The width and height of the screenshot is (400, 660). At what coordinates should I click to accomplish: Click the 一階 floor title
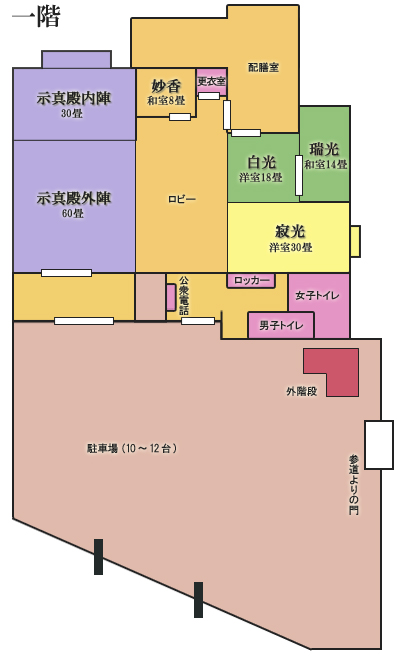coord(37,17)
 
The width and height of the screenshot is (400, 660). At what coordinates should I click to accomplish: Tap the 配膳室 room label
coord(264,67)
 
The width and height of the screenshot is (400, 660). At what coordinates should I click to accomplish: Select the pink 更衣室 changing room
coord(212,81)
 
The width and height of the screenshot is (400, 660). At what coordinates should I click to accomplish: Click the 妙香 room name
coord(166,86)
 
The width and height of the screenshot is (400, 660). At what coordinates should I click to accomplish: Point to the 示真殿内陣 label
coord(74,98)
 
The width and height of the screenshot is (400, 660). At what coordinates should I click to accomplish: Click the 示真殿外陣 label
coord(74,198)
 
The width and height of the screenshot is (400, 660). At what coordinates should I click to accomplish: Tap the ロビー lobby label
coord(182,199)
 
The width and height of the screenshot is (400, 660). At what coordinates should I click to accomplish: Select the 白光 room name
coord(261,162)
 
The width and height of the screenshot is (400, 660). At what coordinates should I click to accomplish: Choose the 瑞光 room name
coord(324,149)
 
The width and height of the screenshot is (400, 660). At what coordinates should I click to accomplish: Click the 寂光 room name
coord(290,231)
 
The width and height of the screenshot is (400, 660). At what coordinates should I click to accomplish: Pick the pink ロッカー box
coord(251,280)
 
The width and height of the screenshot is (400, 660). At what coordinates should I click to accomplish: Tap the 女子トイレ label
coord(317,295)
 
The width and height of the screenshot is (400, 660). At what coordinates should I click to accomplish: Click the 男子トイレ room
coord(281,325)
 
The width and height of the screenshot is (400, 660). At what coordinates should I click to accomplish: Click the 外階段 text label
coord(301,391)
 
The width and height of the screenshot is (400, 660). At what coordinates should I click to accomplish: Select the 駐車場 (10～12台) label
coord(132,448)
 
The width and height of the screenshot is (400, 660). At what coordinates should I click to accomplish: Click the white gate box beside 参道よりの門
coord(379,444)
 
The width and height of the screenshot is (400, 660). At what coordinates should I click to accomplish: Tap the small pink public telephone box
coord(171,297)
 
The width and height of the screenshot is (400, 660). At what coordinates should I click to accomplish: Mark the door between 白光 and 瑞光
coord(299,175)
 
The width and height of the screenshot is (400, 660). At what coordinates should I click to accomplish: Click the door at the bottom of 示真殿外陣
coord(67,273)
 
